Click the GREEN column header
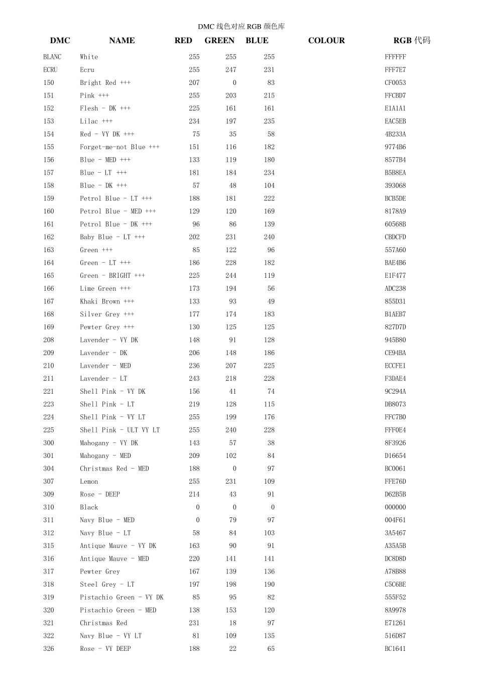[219, 41]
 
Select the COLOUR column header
[326, 41]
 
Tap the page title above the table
[241, 27]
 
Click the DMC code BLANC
[52, 57]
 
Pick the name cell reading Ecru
[87, 70]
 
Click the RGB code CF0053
[395, 83]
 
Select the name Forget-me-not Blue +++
[120, 147]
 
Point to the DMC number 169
[49, 327]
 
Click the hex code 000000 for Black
[395, 507]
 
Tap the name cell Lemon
[89, 482]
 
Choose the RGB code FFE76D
[395, 482]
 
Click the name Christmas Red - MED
[114, 469]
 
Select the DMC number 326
[49, 649]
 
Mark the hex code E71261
[395, 623]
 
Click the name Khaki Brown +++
[107, 301]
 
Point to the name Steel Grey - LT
[107, 585]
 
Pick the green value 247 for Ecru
[230, 70]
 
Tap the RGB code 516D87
[395, 636]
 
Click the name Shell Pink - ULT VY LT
[120, 430]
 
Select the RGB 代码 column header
[412, 41]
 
